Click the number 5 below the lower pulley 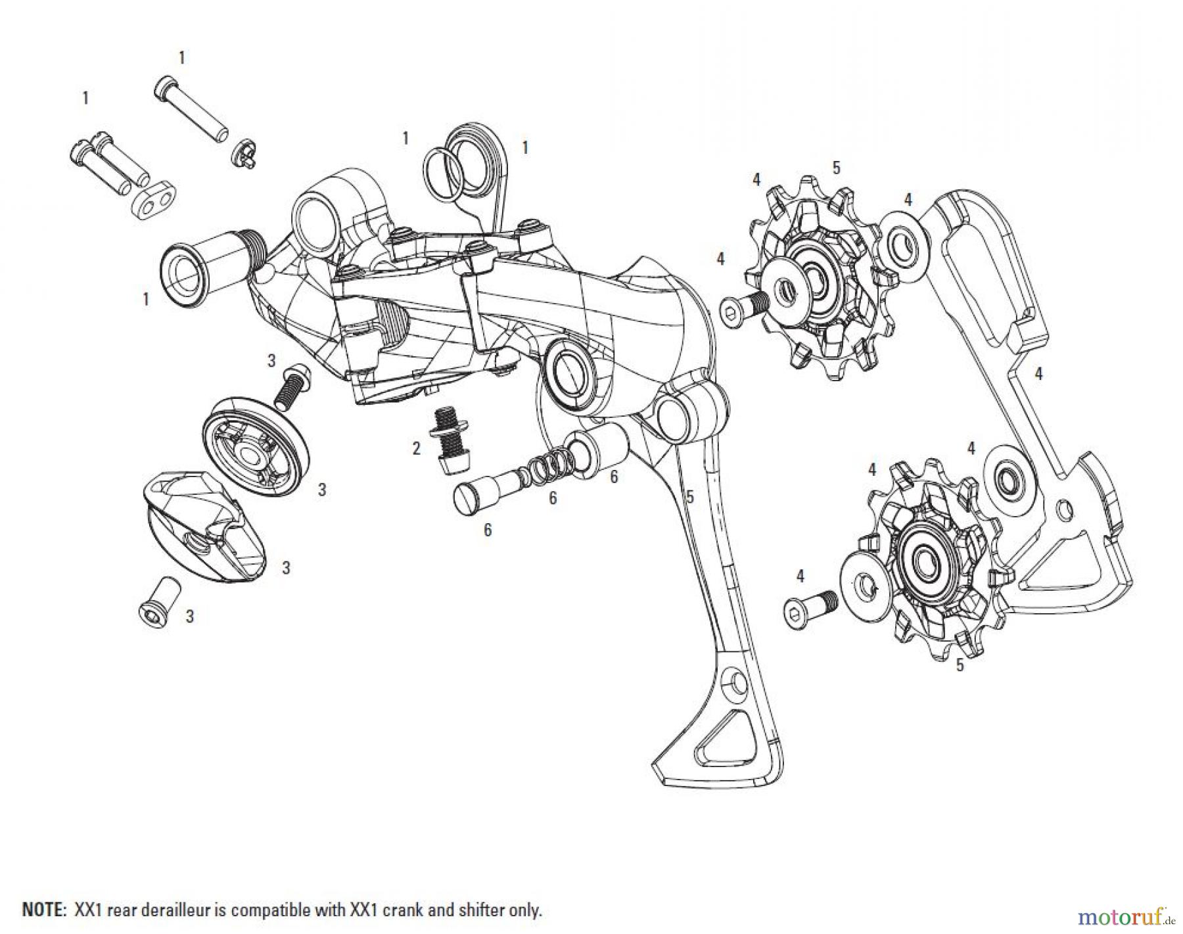coord(960,665)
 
